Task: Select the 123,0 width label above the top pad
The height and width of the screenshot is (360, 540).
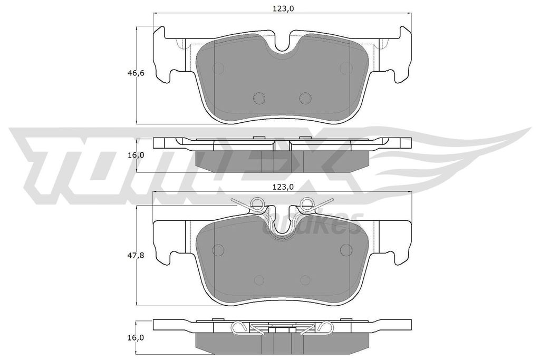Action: [x=283, y=8]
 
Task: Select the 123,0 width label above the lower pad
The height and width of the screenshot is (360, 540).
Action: [x=283, y=186]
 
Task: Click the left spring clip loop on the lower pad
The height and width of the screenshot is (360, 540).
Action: [x=257, y=202]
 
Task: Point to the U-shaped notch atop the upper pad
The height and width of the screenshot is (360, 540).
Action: [x=284, y=45]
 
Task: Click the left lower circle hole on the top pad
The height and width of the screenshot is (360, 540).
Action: [x=259, y=98]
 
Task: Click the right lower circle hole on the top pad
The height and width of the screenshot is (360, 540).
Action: [x=306, y=98]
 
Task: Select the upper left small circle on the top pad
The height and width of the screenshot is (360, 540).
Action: [x=219, y=68]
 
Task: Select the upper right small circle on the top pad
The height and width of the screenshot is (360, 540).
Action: [x=346, y=68]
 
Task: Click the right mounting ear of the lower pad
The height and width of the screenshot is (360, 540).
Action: [x=402, y=237]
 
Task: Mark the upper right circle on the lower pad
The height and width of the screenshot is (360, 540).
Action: [x=346, y=250]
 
